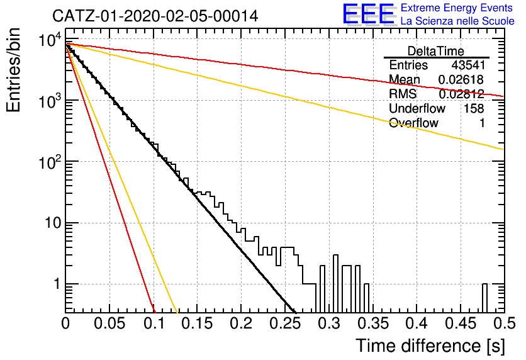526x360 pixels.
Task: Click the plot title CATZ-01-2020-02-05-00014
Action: pos(155,16)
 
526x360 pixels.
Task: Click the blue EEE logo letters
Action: pos(368,14)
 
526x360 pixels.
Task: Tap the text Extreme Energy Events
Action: pos(457,8)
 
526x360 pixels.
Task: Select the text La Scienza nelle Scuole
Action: pos(457,21)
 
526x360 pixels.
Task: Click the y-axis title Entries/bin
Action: pos(14,70)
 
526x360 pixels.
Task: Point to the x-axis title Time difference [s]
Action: pos(430,346)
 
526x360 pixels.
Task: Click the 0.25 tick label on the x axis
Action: pos(284,323)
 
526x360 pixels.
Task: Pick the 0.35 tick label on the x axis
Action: pos(372,323)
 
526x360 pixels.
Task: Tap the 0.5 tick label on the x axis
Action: pos(504,323)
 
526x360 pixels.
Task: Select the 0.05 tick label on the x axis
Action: pos(109,323)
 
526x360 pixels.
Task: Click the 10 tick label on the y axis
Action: pos(53,223)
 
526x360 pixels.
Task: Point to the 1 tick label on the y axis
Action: pos(57,284)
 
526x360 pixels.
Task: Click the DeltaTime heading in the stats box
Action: pos(435,51)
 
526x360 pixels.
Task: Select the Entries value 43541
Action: pos(468,65)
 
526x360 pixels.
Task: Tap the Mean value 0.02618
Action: pos(461,79)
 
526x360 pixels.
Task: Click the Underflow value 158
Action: pos(474,108)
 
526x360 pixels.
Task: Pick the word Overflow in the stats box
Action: pos(413,123)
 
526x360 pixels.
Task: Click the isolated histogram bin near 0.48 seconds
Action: pos(484,298)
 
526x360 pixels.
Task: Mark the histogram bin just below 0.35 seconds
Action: pos(367,298)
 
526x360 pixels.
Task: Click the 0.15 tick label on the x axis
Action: pos(197,323)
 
